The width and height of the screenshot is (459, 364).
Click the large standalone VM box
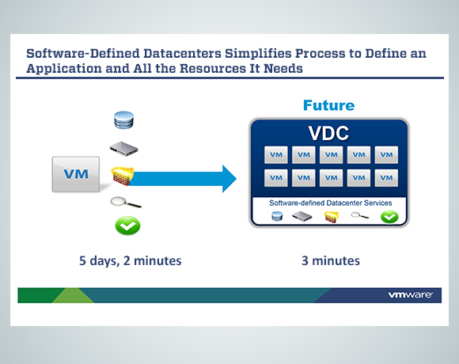coord(76,174)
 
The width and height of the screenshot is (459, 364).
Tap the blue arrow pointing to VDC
coord(182,179)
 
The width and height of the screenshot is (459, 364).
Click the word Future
coord(328,105)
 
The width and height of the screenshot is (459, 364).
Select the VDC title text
coord(328,133)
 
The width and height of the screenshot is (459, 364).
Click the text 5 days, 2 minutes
coord(131,260)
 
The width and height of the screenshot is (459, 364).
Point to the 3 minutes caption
coord(331,260)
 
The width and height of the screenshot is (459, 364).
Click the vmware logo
coord(410,294)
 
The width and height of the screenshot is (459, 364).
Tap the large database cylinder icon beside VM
coord(123,120)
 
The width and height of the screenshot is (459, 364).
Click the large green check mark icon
coord(127,226)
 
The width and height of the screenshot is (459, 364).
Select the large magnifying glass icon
coord(126,202)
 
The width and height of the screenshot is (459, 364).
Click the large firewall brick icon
coord(122,176)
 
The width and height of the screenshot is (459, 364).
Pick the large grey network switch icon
coord(123,149)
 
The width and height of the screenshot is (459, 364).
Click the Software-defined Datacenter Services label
coord(331,203)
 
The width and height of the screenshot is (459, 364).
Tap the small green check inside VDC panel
coord(389,217)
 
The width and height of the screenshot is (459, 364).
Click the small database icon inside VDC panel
coord(277,217)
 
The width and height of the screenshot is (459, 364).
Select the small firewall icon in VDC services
coord(332,217)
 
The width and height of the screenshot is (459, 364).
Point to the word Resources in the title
coord(212,69)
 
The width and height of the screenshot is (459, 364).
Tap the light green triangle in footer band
coord(73,295)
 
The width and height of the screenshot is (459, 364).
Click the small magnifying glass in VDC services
coord(359,216)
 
